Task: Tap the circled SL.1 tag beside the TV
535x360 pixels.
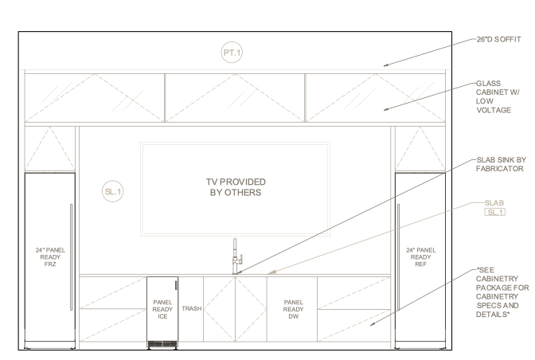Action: coord(113,192)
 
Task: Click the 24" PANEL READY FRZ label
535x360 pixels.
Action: coord(51,256)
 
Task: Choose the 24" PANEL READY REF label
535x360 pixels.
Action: coord(420,256)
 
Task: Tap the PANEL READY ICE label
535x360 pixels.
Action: coord(162,309)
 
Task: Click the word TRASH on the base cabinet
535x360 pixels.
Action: coord(191,308)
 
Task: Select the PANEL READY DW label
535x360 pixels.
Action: coord(292,309)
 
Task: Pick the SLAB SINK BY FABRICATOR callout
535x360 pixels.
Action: coord(499,164)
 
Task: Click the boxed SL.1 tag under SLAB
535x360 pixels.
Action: coord(495,212)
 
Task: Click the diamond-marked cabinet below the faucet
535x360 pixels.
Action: coord(235,308)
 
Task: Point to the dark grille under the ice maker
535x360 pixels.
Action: coord(163,344)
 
